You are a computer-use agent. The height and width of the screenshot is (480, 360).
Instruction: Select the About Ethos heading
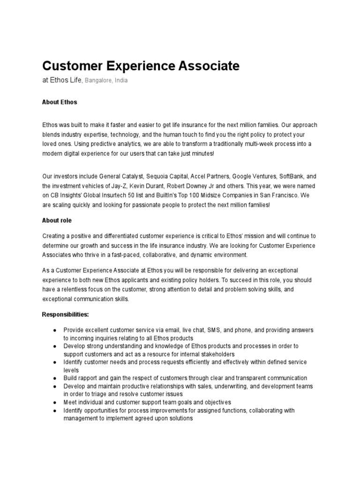click(x=60, y=102)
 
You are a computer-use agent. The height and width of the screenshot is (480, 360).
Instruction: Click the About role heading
click(x=57, y=220)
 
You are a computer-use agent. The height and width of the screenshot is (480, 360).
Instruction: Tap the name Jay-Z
click(x=120, y=186)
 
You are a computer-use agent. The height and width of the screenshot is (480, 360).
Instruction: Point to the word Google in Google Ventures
click(x=240, y=177)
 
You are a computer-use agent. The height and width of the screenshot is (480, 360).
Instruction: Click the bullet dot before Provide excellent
click(x=54, y=330)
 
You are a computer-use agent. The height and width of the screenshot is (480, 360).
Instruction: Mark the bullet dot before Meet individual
click(x=54, y=402)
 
